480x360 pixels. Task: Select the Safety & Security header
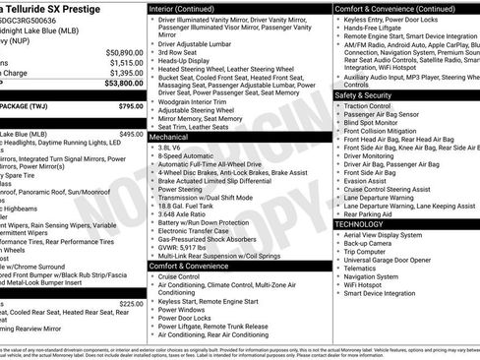369,94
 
